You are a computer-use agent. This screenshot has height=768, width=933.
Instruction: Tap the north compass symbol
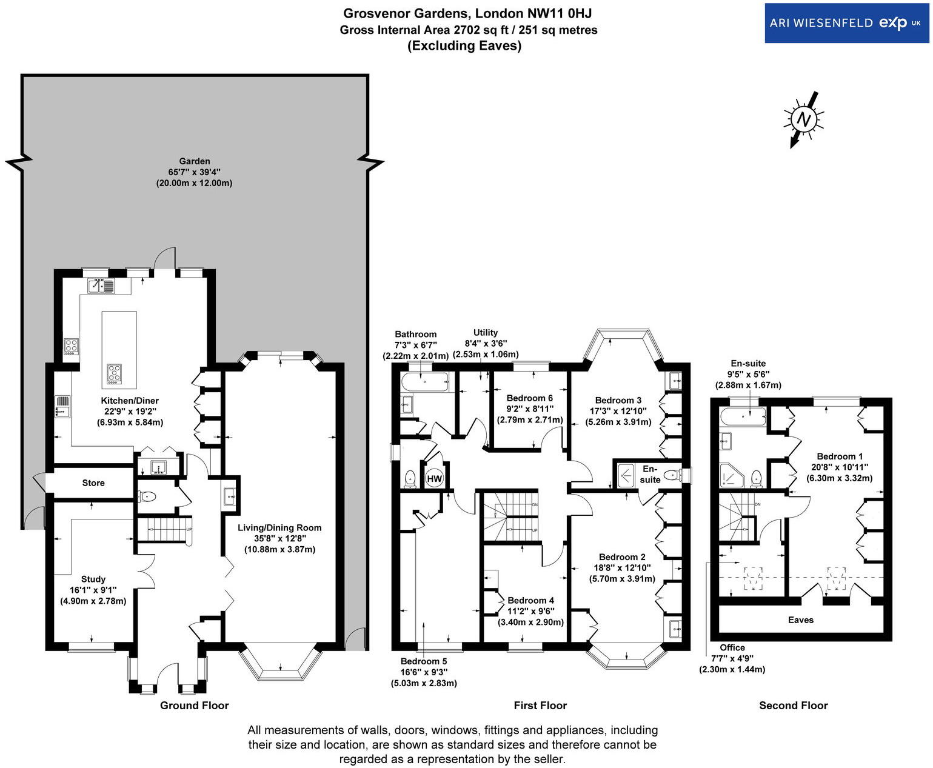click(803, 119)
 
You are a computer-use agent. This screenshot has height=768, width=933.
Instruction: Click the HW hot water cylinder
click(434, 478)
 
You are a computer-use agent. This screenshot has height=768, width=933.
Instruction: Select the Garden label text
click(194, 161)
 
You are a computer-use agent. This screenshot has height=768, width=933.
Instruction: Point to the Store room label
click(93, 483)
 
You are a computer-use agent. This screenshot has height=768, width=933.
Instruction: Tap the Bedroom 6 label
click(529, 398)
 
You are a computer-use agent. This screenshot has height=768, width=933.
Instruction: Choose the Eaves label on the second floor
click(800, 619)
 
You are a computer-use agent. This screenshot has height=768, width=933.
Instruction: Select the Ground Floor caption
click(194, 705)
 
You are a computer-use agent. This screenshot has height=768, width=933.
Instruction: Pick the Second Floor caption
click(793, 705)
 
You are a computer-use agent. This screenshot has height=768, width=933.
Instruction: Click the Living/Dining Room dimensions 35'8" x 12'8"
click(279, 538)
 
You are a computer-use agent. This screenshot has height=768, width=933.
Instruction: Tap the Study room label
click(93, 579)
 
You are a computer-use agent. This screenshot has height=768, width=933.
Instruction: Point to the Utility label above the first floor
click(485, 332)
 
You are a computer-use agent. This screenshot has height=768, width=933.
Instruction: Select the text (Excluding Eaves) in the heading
click(464, 45)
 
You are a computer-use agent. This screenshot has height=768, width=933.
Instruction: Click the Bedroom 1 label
click(839, 456)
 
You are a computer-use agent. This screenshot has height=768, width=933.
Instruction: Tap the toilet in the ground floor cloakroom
click(147, 496)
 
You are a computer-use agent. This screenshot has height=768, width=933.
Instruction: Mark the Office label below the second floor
click(732, 647)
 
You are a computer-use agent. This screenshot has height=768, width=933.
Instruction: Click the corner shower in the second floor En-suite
click(731, 476)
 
